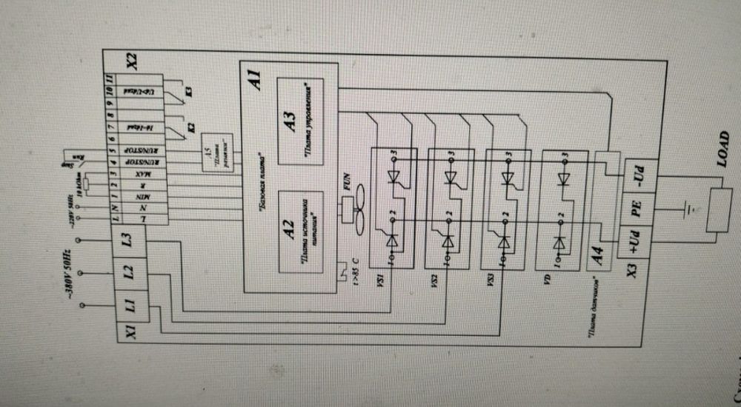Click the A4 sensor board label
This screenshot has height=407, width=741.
point(601,260)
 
